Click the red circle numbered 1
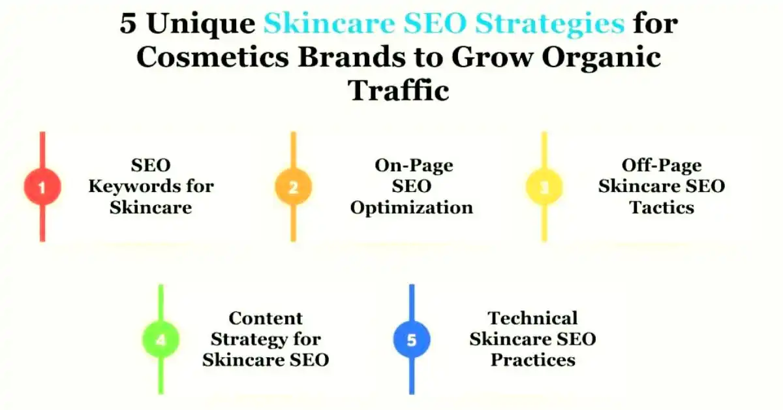click(42, 187)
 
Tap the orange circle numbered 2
click(293, 187)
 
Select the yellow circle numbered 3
click(544, 187)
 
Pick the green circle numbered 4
click(161, 339)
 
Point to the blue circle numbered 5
click(412, 339)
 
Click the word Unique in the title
click(200, 25)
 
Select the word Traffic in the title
click(399, 89)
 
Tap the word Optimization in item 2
click(411, 208)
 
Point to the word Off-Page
click(661, 165)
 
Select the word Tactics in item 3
click(661, 208)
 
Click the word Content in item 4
click(266, 318)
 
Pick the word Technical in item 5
click(532, 318)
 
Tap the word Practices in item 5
click(532, 360)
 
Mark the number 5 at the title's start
click(129, 25)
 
